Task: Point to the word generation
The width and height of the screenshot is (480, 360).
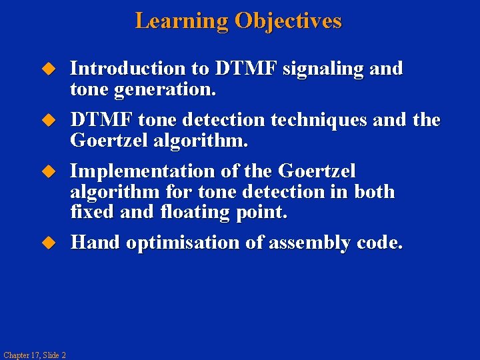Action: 160,89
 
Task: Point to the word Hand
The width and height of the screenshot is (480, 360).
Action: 95,243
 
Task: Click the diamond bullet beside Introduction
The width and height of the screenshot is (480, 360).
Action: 47,69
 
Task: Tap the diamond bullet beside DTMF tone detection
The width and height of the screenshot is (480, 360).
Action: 47,121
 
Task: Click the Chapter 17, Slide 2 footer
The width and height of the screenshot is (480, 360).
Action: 34,355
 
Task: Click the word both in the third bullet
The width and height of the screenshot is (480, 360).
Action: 374,192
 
